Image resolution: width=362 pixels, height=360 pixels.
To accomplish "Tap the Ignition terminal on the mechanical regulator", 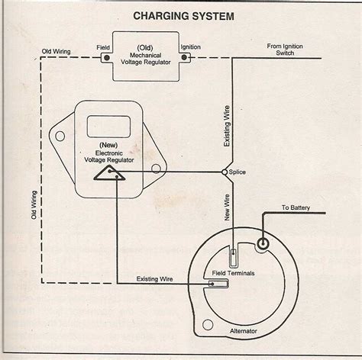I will pyautogui.click(x=183, y=56).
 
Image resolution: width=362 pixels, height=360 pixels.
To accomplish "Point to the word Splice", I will pyautogui.click(x=239, y=173).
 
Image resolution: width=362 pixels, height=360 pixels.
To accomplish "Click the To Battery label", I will pyautogui.click(x=296, y=207).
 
